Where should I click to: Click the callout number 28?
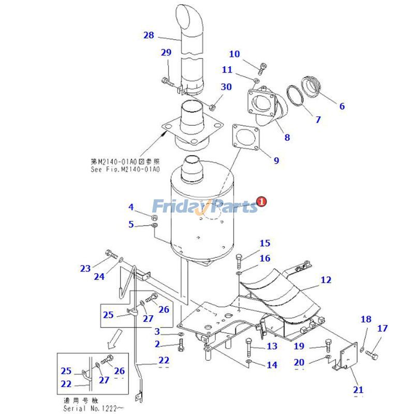[149, 35]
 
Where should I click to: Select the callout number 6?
[342, 106]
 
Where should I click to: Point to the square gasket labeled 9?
[245, 137]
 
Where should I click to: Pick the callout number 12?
[326, 280]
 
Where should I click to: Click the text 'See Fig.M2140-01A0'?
[126, 169]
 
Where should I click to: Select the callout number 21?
[358, 390]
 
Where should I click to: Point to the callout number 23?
[85, 268]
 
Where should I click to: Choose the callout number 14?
[272, 365]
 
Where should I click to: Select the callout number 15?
[264, 243]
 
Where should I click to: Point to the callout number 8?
[287, 137]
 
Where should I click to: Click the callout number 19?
[300, 346]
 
